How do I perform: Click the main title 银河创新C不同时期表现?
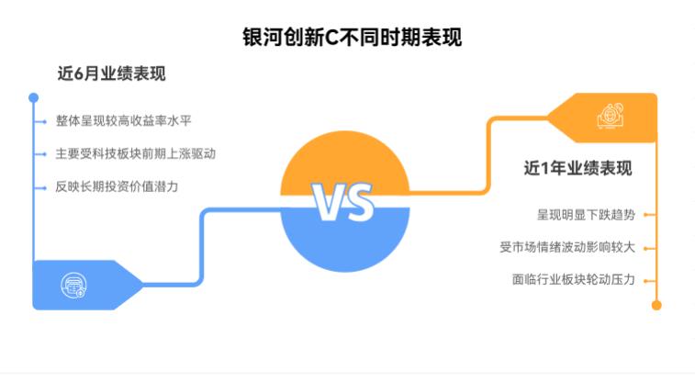click(x=352, y=38)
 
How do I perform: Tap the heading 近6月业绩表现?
click(x=111, y=73)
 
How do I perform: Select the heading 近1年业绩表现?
click(x=577, y=168)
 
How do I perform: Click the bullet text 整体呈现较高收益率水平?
click(x=123, y=120)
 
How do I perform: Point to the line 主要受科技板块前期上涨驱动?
click(x=136, y=153)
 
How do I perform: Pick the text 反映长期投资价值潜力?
click(x=117, y=186)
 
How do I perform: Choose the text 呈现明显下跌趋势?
click(x=586, y=215)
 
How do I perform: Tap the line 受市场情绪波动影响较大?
click(x=567, y=247)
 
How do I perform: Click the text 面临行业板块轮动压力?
click(x=574, y=280)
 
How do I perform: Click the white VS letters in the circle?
click(x=342, y=202)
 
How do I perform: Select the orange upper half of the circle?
click(x=345, y=163)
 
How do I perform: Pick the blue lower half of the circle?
click(x=345, y=240)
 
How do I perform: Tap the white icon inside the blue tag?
click(x=73, y=286)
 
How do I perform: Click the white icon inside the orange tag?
click(x=611, y=116)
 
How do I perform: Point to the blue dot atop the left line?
click(x=33, y=97)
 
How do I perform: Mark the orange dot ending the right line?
click(x=656, y=306)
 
